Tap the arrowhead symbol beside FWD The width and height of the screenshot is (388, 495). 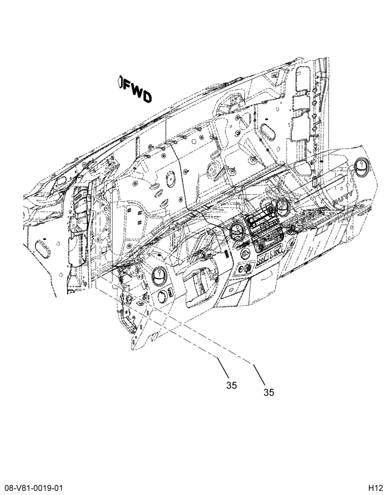click(120, 81)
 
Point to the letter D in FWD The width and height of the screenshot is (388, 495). click(147, 97)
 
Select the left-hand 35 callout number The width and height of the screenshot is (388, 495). click(232, 386)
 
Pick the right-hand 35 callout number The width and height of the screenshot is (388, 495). click(269, 393)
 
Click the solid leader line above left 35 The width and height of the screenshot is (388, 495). click(223, 367)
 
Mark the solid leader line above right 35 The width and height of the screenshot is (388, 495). click(259, 374)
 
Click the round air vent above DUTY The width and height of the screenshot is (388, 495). click(361, 167)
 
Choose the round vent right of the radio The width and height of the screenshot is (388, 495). click(283, 208)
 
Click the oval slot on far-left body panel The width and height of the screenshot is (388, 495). click(43, 249)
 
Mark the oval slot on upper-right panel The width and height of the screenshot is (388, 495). click(268, 132)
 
